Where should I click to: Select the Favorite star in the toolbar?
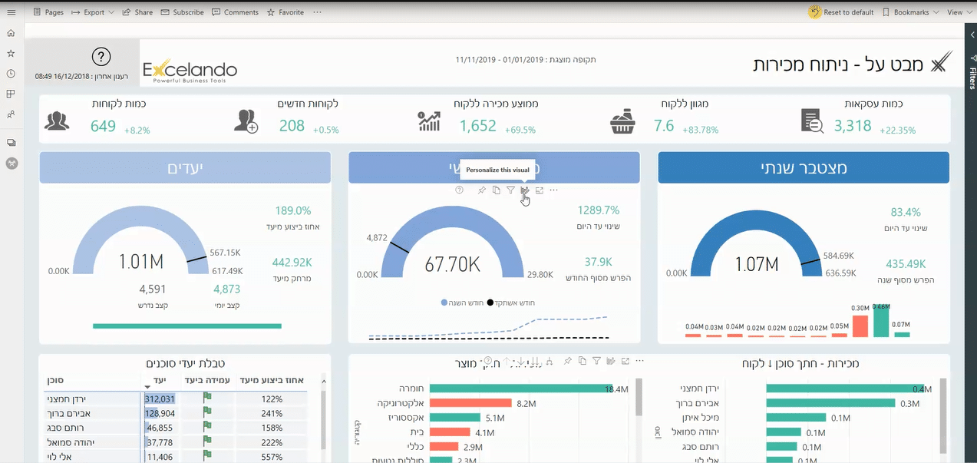tap(286, 12)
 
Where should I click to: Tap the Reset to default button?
tap(843, 12)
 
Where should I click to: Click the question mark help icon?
tap(101, 57)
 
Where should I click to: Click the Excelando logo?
tap(190, 71)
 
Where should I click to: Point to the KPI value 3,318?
tap(853, 126)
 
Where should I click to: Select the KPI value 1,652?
tap(478, 126)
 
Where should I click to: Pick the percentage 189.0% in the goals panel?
tap(292, 210)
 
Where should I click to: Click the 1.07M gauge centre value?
tap(757, 264)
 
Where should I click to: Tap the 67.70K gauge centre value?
tap(453, 265)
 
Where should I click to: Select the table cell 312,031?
tap(160, 399)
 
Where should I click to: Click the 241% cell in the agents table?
tap(272, 413)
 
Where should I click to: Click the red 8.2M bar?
tap(470, 403)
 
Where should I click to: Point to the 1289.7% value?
tap(598, 210)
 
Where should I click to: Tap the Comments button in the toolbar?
tap(235, 12)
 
